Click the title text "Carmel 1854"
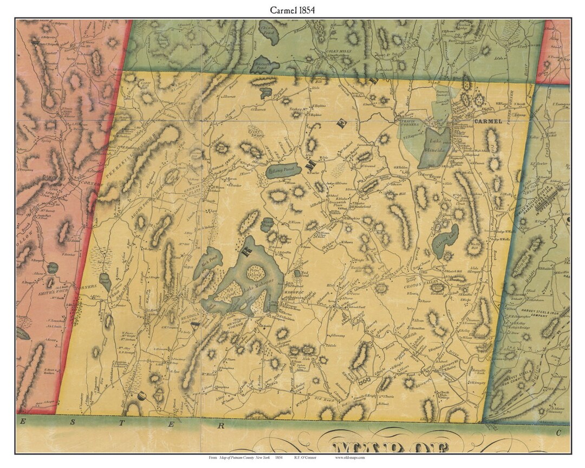(x=293, y=10)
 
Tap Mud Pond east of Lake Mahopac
(x=298, y=275)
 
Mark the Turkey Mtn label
(x=296, y=109)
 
